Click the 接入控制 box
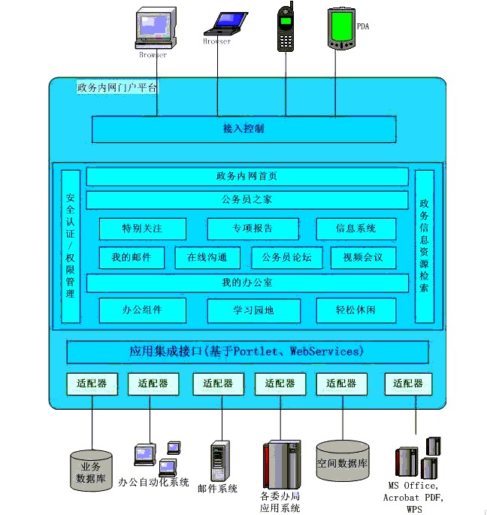tap(244, 129)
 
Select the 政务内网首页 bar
tap(247, 177)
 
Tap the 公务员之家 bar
tap(247, 200)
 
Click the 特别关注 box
tap(142, 229)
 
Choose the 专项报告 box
tap(253, 229)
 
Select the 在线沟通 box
tap(207, 258)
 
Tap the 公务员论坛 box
tap(286, 258)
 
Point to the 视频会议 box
tap(362, 258)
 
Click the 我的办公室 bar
tap(247, 283)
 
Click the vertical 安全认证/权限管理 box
tap(71, 246)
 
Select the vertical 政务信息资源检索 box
tap(425, 246)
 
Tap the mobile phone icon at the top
tap(286, 28)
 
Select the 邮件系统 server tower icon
tap(218, 460)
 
